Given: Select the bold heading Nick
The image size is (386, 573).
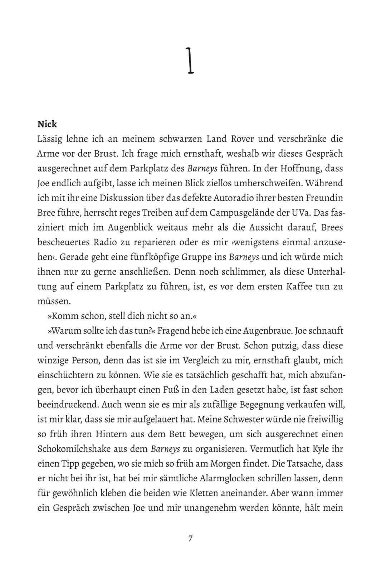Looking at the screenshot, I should (47, 124).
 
